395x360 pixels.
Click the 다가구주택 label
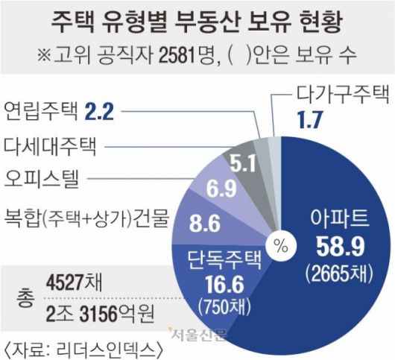tap(343, 94)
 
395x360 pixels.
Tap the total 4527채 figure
tap(77, 285)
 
